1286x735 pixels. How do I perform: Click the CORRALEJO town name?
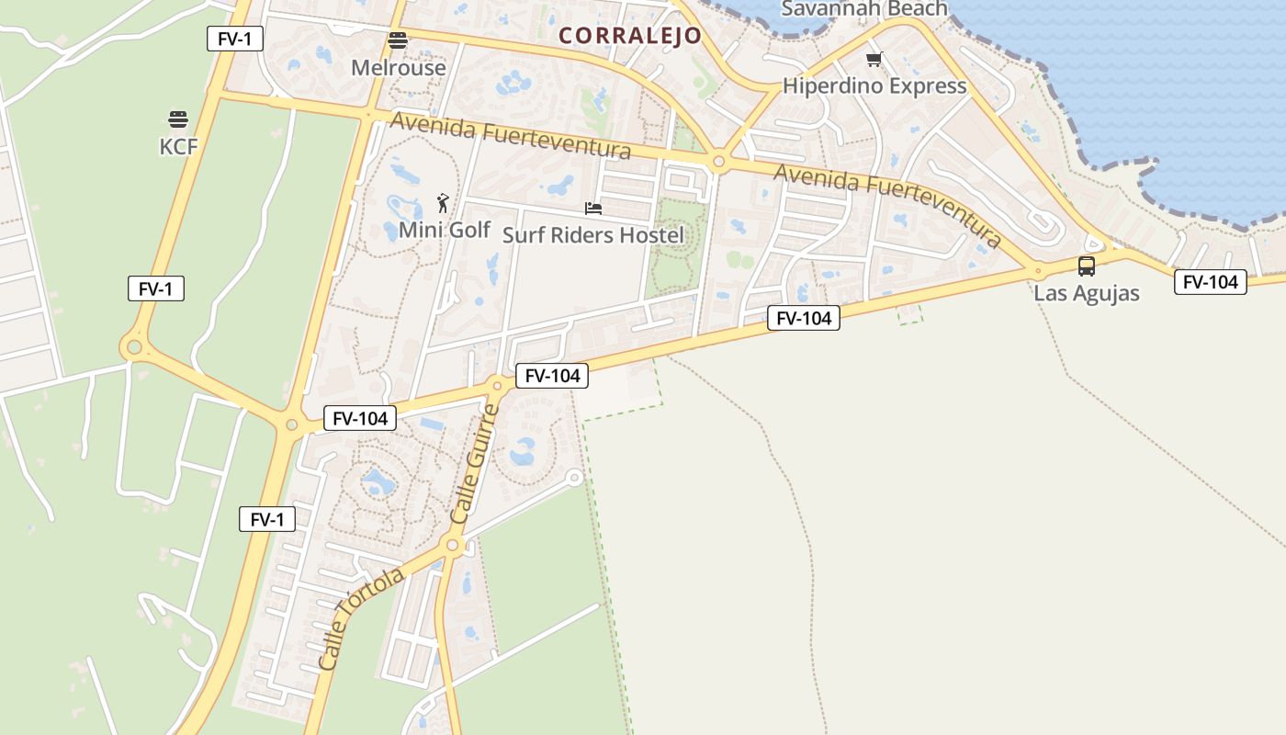[630, 36]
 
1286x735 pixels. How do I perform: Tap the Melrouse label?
[399, 67]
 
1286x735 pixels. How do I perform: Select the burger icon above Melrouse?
[398, 40]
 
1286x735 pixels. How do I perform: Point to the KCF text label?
[178, 146]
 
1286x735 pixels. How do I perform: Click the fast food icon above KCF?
[178, 119]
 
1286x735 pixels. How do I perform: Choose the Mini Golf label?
[445, 229]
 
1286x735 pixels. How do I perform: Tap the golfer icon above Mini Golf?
[444, 202]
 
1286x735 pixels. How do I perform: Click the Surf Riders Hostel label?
[593, 235]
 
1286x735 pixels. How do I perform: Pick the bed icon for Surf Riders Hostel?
[593, 209]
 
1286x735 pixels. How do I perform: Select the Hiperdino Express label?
[874, 86]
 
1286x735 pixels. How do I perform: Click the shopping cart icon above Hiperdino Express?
[874, 60]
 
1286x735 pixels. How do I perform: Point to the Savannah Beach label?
[863, 9]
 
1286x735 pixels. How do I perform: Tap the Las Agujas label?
[1087, 293]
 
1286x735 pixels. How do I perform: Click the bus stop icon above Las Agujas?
[1087, 266]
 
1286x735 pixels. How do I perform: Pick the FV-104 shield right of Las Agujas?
[1211, 282]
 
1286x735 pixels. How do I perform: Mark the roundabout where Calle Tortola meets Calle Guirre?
[452, 546]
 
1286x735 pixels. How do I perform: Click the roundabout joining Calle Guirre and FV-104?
[497, 385]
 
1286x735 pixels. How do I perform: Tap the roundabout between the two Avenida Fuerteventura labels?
[718, 163]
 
